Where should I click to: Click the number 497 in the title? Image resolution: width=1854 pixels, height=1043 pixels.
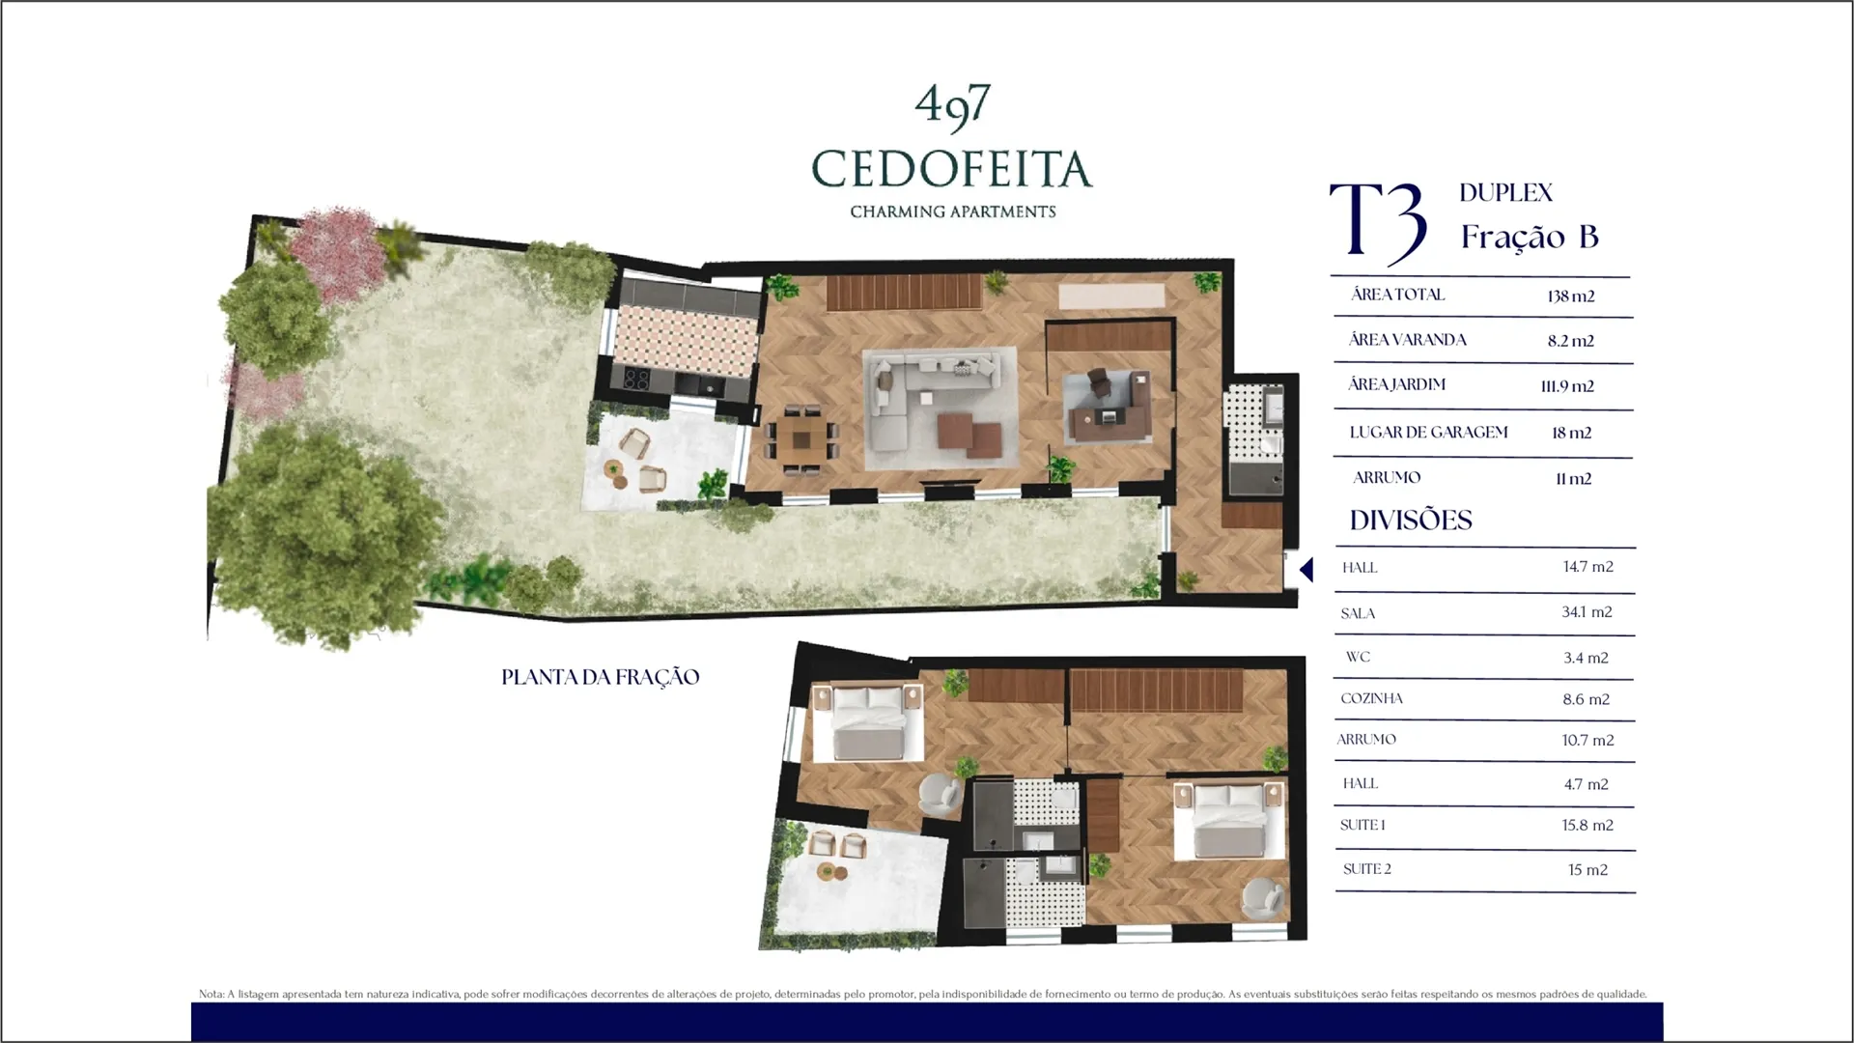click(x=952, y=105)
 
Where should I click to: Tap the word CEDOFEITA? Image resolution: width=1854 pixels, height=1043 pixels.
click(x=952, y=169)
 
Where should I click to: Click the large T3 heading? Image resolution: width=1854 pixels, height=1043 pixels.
click(x=1378, y=225)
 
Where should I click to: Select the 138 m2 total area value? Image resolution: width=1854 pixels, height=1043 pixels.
click(x=1570, y=296)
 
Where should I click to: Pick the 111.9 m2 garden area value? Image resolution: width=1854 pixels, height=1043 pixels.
click(x=1567, y=386)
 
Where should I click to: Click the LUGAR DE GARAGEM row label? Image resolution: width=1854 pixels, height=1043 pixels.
click(x=1428, y=433)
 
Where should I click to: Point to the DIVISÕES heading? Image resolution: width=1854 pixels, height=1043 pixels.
click(x=1411, y=521)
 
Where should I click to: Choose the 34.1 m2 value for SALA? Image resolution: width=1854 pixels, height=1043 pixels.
click(x=1587, y=612)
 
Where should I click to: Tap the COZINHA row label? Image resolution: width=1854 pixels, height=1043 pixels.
click(x=1371, y=698)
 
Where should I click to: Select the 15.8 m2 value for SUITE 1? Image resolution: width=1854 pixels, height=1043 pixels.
click(x=1587, y=826)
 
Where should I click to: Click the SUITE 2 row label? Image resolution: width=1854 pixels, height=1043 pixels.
click(x=1366, y=869)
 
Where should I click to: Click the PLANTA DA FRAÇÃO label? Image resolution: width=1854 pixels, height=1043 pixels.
click(x=600, y=677)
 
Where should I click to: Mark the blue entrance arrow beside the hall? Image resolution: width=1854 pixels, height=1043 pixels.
click(x=1306, y=570)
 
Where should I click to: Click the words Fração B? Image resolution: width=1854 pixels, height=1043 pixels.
click(x=1530, y=237)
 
